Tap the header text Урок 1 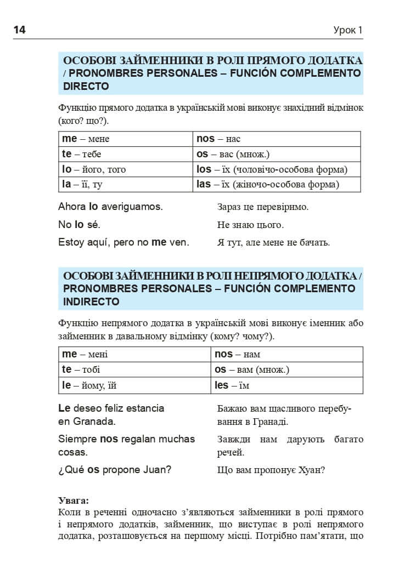(348, 31)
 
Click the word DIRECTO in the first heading (86, 87)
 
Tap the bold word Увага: (74, 501)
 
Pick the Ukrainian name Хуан (312, 470)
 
